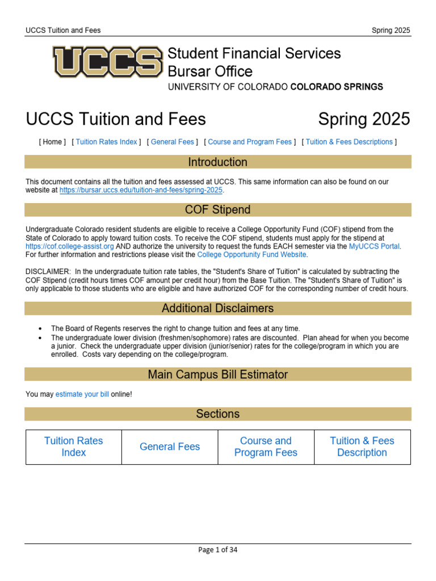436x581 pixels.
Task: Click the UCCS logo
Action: coord(107,62)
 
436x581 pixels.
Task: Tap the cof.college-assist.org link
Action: coord(70,247)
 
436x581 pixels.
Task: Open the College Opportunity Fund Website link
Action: coord(252,255)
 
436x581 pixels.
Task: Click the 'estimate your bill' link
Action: coord(82,394)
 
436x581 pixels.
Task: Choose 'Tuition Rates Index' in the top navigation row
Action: coord(106,142)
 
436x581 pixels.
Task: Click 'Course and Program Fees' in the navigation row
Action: coord(250,142)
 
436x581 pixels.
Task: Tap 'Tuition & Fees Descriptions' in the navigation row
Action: coord(349,142)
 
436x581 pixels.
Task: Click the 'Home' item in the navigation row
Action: coord(52,142)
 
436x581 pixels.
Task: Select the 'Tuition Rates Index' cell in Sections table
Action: coord(74,447)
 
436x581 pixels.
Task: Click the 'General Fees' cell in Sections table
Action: coord(170,447)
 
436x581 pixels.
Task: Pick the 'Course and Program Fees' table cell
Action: coord(266,447)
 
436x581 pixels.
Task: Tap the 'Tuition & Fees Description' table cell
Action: coord(362,447)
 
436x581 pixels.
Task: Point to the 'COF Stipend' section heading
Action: coord(217,210)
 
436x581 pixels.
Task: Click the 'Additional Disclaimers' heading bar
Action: coord(217,309)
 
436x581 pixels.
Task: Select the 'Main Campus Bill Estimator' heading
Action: coord(217,374)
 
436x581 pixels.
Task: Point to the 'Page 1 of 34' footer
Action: coord(218,550)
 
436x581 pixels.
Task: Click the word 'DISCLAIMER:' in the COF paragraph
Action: coord(47,271)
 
